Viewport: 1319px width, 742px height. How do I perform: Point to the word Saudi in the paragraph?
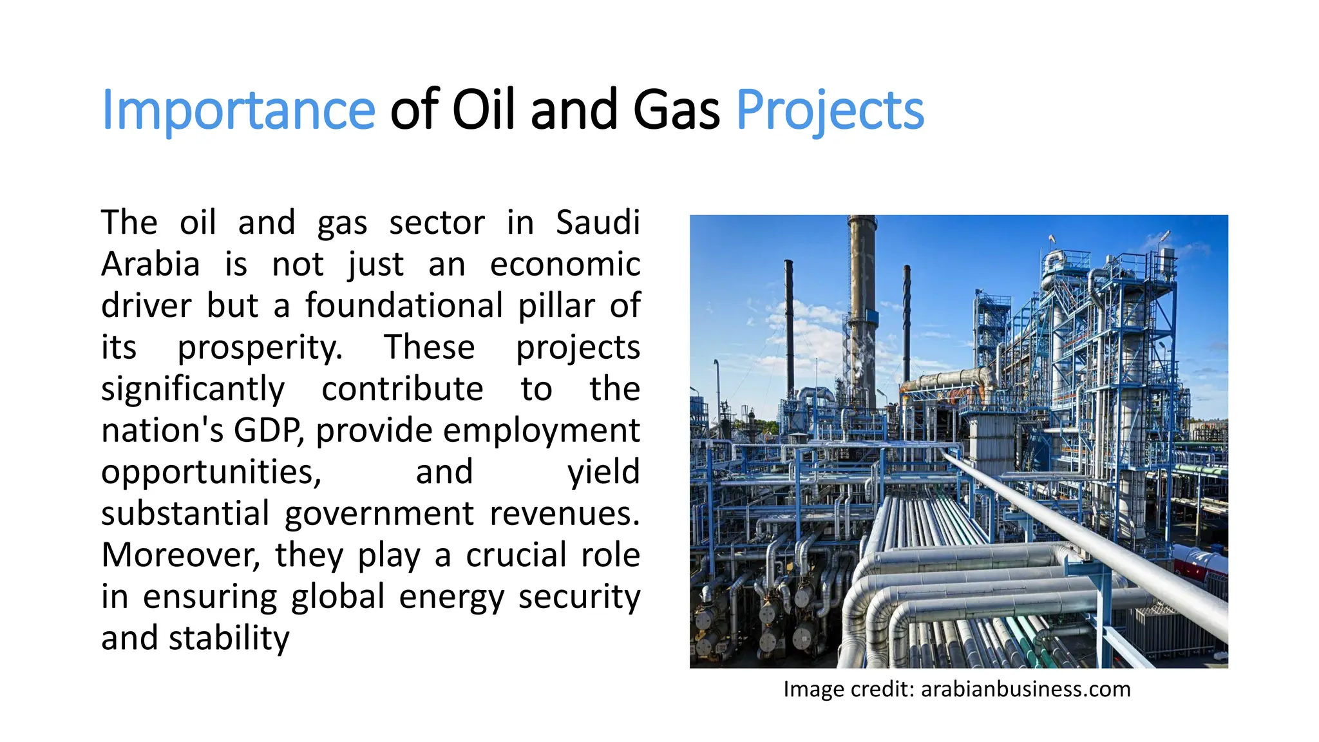pos(598,223)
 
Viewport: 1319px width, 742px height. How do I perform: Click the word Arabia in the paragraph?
pos(151,265)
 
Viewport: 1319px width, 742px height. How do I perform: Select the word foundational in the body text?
pos(404,306)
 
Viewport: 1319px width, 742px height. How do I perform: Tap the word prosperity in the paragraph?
pos(260,348)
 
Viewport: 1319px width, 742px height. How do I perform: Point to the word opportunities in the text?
pos(211,472)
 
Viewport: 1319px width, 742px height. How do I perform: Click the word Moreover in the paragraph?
pos(180,555)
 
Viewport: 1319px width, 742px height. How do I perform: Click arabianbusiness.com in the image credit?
pos(1025,689)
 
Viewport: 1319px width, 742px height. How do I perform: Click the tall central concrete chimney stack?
pos(862,309)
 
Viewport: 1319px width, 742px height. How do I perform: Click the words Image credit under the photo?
pos(848,689)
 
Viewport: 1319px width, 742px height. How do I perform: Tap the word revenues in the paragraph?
pos(564,514)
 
